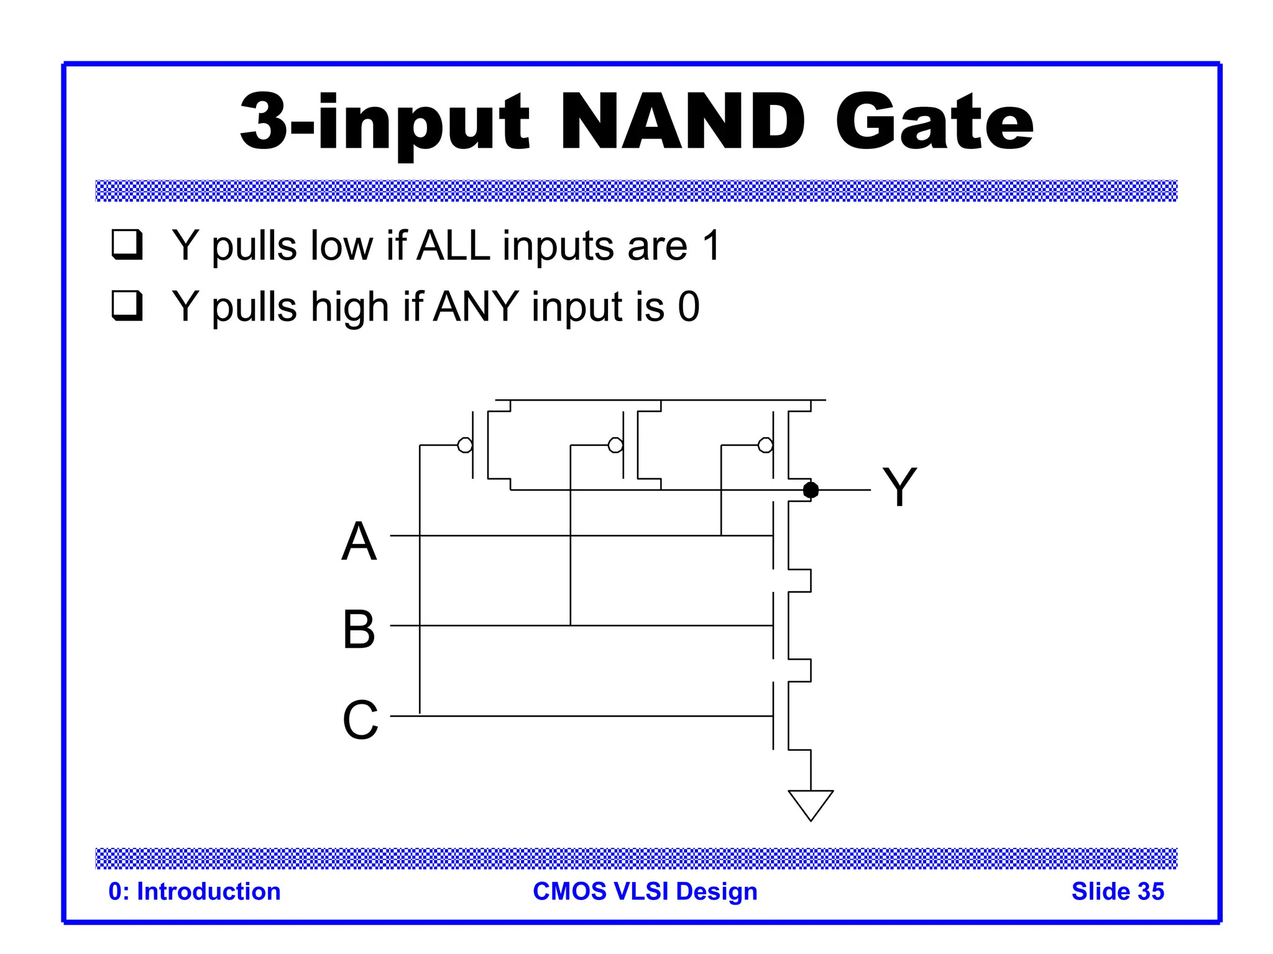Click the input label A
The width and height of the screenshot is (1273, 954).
tap(359, 541)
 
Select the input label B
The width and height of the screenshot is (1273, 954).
tap(359, 629)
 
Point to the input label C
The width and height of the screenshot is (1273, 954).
tap(360, 720)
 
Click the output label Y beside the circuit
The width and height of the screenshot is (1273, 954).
tap(899, 487)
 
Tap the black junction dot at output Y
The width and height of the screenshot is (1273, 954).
tap(811, 490)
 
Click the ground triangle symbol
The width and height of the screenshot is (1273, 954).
tap(811, 803)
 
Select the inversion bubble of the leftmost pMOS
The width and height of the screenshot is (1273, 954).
tap(465, 445)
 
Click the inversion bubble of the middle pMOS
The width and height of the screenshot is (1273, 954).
tap(615, 445)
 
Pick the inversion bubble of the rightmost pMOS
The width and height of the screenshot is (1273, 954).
tap(766, 445)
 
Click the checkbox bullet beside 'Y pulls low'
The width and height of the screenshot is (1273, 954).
tap(127, 244)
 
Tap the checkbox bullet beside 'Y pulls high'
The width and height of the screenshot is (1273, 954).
tap(127, 305)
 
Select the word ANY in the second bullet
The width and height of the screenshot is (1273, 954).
tap(476, 306)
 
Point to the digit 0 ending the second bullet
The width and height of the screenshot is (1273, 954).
tap(689, 306)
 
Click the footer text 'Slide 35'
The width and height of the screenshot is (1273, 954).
tap(1117, 891)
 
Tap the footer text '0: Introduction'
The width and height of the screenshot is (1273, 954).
tap(195, 891)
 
